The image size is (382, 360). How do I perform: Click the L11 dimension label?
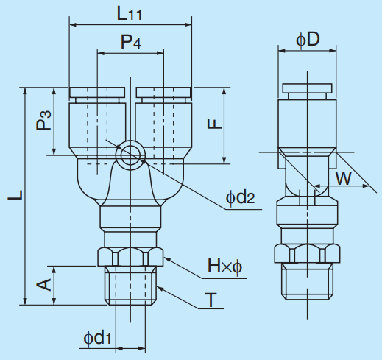(x=131, y=13)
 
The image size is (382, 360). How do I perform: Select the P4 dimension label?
(x=131, y=43)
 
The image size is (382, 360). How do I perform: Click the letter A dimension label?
(x=43, y=283)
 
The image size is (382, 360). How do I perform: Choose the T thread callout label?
(x=211, y=300)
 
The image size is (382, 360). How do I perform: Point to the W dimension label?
(x=343, y=177)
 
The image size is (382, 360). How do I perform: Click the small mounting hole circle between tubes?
(x=130, y=155)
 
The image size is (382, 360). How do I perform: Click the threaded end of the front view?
(x=130, y=286)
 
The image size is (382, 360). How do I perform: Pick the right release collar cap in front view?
(x=163, y=93)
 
